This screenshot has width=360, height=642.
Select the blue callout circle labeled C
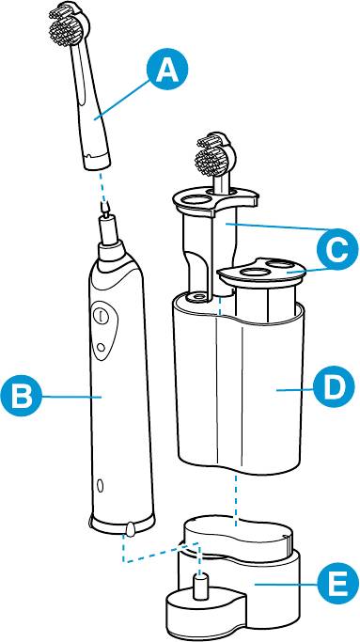pos(336,249)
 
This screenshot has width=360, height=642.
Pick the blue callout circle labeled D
pos(334,386)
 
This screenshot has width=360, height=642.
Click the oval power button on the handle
pos(102,316)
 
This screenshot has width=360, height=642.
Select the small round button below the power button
pos(100,347)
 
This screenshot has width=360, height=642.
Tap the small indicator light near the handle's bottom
pos(100,486)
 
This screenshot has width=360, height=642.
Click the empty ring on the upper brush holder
pos(196,200)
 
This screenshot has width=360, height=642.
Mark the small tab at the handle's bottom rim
pos(131,529)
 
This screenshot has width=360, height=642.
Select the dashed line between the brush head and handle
pos(103,188)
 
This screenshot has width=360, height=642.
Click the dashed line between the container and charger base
pos(236,499)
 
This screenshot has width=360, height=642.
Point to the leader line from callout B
pos(71,396)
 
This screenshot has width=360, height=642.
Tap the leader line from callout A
pos(121,99)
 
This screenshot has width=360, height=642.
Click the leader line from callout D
pos(295,389)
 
